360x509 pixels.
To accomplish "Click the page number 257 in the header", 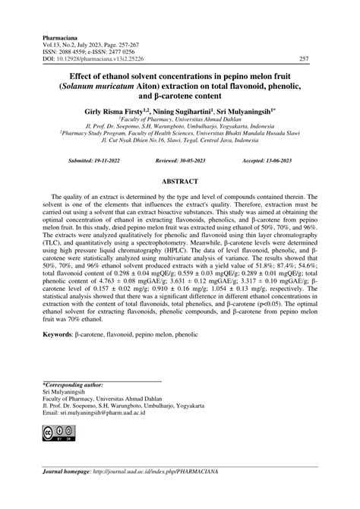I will [304, 58].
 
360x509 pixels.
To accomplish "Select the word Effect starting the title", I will [81, 76].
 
